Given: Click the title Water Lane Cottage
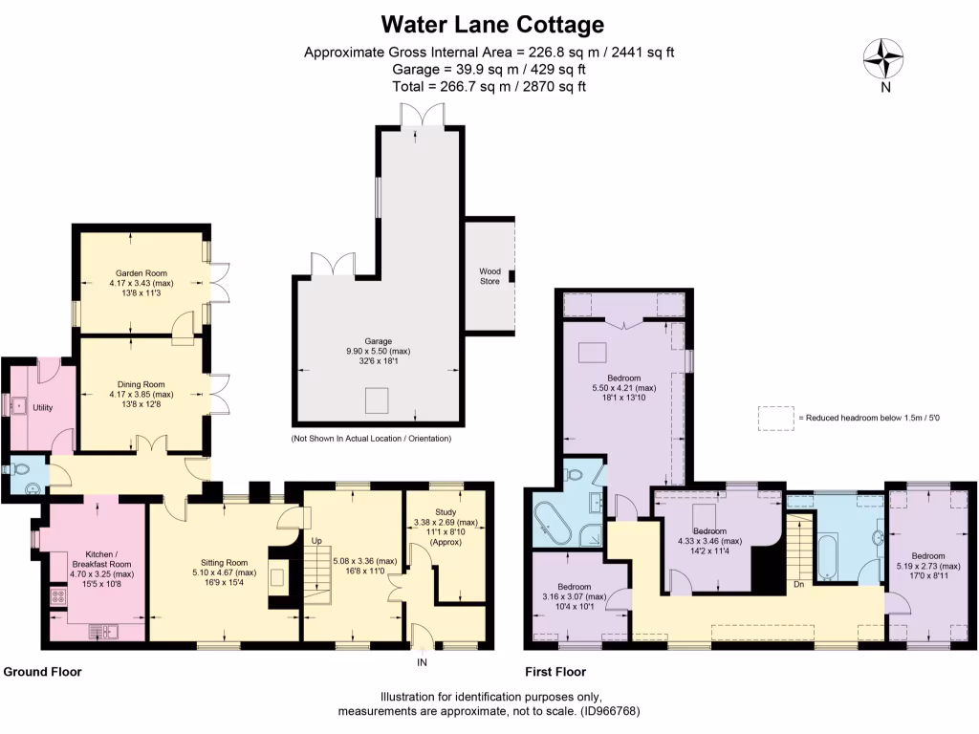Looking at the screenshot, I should click(492, 23).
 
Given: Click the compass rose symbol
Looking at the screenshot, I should click(884, 58).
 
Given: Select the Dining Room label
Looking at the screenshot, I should click(141, 384).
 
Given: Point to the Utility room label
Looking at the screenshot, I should click(42, 408).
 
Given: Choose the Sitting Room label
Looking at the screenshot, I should click(224, 563).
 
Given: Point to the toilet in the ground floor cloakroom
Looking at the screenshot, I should click(19, 470).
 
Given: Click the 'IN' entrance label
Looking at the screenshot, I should click(421, 661).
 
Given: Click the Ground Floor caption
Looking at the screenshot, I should click(43, 672).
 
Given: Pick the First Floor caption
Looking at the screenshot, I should click(559, 672).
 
